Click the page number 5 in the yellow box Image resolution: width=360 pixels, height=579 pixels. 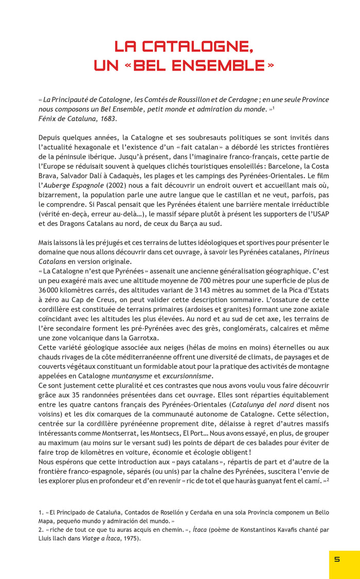[337, 559]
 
